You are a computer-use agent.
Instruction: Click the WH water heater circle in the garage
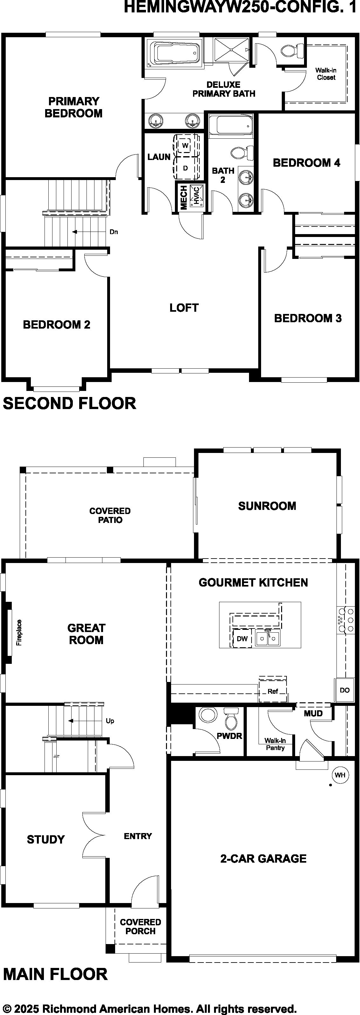pyautogui.click(x=340, y=775)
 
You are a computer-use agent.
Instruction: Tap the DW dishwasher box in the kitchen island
pyautogui.click(x=242, y=638)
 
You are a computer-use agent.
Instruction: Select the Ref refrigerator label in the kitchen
pyautogui.click(x=273, y=691)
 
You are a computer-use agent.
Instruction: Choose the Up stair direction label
pyautogui.click(x=110, y=721)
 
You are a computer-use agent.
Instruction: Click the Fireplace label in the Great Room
pyautogui.click(x=19, y=632)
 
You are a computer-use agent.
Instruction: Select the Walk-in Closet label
pyautogui.click(x=326, y=74)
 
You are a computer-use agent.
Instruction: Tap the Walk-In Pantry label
pyautogui.click(x=275, y=744)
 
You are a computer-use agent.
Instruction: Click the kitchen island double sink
pyautogui.click(x=267, y=637)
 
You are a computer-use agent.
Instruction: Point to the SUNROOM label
pyautogui.click(x=267, y=506)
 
